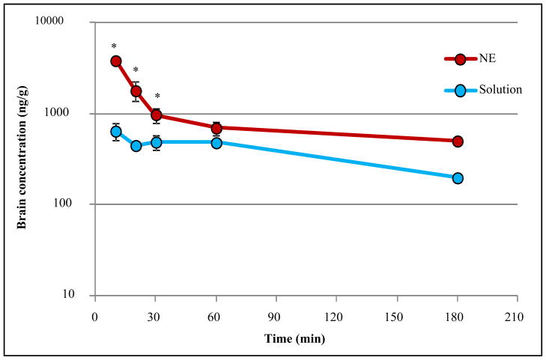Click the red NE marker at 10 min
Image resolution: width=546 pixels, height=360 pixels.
116,61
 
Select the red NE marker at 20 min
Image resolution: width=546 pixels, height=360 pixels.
136,91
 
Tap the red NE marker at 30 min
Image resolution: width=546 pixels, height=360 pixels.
157,115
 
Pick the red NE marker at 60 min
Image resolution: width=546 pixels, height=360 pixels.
216,128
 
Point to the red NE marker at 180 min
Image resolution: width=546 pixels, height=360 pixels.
458,141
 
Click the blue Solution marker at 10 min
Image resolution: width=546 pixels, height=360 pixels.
116,132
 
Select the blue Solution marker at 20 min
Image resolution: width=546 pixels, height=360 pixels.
136,146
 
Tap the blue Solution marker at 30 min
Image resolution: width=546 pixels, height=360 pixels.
157,142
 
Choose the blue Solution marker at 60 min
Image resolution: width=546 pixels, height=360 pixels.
216,142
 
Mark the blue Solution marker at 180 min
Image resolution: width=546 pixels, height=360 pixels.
458,178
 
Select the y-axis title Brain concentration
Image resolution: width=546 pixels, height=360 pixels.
22,159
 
